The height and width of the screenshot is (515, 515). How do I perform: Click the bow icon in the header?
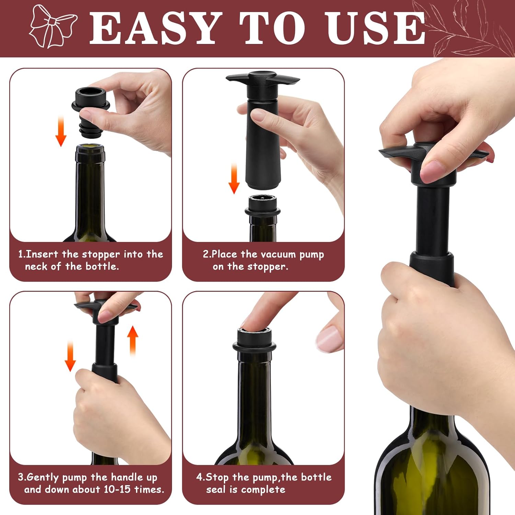[x=52, y=26]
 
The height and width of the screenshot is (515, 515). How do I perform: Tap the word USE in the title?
[x=376, y=28]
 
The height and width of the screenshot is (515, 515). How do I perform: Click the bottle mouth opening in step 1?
[x=90, y=149]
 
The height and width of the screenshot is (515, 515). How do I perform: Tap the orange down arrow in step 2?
[x=234, y=179]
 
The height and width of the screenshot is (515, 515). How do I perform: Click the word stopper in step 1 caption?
[x=101, y=254]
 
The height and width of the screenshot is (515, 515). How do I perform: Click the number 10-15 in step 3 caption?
[x=117, y=489]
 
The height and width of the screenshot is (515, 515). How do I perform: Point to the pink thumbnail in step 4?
[x=329, y=338]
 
